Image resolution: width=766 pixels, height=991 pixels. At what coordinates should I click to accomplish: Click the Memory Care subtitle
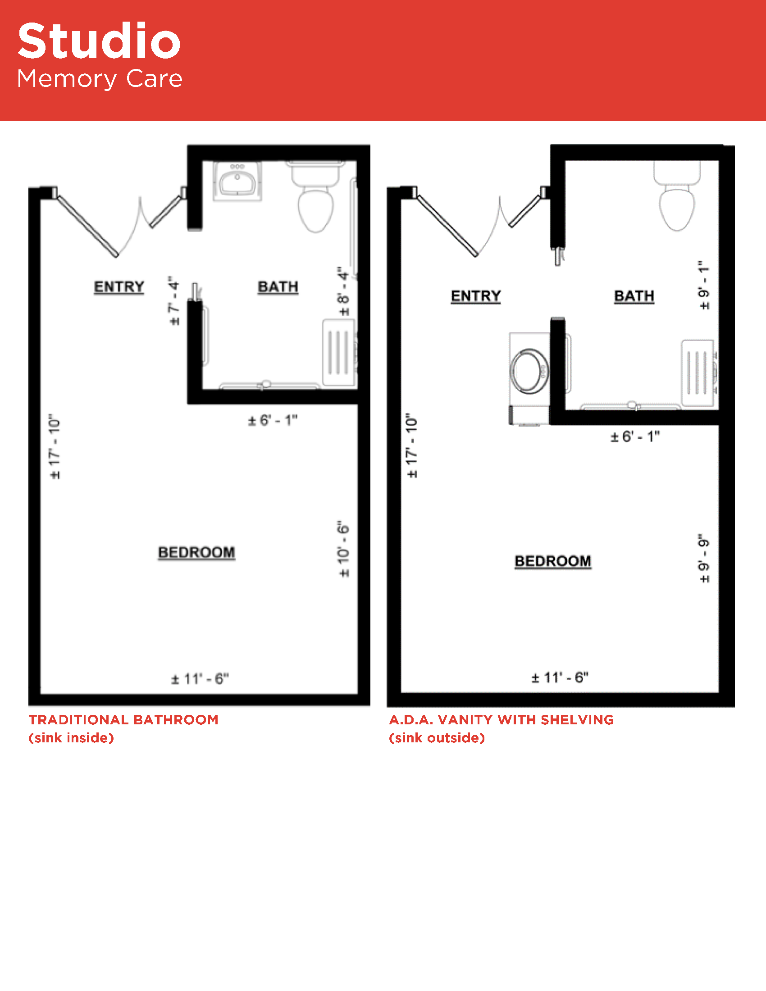click(x=100, y=79)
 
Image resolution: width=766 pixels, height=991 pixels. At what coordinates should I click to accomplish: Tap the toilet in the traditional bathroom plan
click(x=315, y=197)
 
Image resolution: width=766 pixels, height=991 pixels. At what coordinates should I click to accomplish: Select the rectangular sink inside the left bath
click(x=237, y=181)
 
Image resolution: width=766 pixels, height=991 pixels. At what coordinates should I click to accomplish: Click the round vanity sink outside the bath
click(x=529, y=371)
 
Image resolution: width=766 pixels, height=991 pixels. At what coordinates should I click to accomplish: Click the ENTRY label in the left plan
click(x=119, y=287)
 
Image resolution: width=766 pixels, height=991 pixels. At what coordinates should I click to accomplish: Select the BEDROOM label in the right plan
click(x=553, y=561)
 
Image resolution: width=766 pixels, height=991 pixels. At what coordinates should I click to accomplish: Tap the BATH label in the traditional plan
click(x=278, y=287)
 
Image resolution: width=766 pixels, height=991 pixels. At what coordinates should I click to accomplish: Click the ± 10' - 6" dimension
click(x=344, y=549)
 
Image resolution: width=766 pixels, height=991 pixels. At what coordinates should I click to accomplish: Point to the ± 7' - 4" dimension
click(x=174, y=300)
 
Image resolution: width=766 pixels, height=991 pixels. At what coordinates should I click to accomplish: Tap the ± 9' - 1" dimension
click(x=703, y=285)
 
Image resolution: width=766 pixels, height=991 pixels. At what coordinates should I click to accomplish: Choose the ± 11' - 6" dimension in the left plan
click(x=200, y=679)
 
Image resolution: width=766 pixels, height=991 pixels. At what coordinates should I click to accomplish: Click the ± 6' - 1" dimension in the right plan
click(x=635, y=436)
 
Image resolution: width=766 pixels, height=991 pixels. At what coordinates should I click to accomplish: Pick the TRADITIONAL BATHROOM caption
click(x=123, y=720)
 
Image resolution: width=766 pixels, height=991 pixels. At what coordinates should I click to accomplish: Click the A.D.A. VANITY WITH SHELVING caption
click(x=502, y=720)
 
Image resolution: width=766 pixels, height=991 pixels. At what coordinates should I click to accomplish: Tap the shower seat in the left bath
click(x=338, y=353)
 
